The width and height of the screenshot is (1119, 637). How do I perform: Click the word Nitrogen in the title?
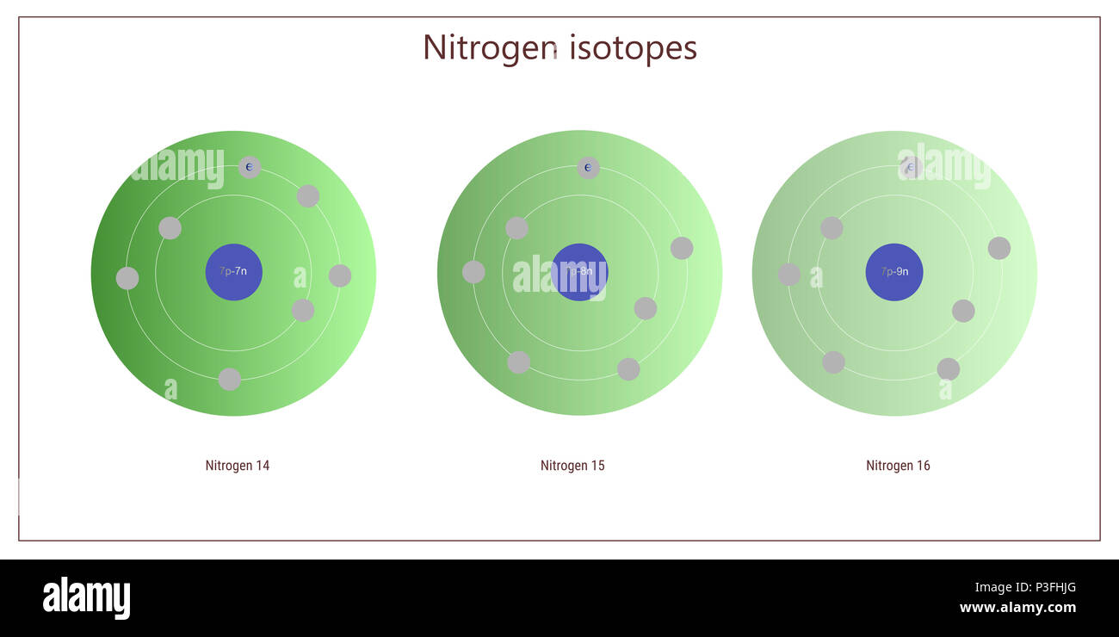(489, 47)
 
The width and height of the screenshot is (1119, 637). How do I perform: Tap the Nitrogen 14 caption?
(238, 466)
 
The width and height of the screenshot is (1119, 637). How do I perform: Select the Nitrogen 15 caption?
(572, 466)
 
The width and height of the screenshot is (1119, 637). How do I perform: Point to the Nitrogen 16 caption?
(898, 466)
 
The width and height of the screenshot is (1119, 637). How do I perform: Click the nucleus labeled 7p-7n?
(233, 272)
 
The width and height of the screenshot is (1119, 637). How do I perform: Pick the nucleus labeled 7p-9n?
(894, 272)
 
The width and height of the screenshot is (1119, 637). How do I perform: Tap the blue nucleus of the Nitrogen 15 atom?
(579, 272)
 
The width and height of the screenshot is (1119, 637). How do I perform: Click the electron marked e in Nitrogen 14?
(249, 167)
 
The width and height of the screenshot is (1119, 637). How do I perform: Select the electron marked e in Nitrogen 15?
(588, 167)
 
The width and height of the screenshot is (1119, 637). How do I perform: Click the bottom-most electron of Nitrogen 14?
(230, 379)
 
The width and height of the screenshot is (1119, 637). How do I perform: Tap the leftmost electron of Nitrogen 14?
(127, 278)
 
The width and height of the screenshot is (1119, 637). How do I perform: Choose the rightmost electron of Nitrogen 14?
(340, 275)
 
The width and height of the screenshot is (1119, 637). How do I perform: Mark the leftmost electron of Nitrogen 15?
(473, 272)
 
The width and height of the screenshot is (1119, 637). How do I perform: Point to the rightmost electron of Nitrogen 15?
(682, 248)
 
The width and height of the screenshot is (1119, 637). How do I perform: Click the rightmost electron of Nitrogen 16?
(999, 248)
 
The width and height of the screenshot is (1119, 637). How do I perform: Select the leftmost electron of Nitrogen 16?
(788, 275)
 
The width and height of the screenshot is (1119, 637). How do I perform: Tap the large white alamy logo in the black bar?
(86, 598)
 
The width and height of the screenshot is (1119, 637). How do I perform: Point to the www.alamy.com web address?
(1017, 608)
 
